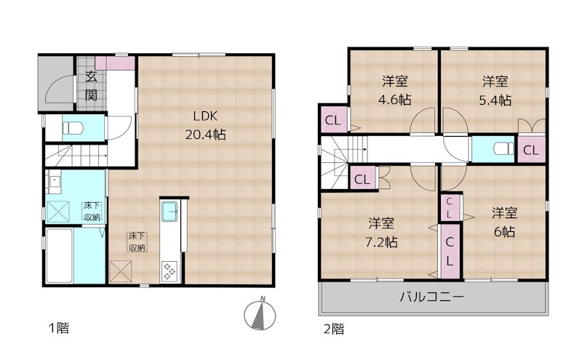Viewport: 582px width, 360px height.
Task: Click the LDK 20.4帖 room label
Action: (x=203, y=125)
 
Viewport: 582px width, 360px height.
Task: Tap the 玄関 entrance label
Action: (x=92, y=85)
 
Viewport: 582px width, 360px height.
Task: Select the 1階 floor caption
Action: (x=59, y=329)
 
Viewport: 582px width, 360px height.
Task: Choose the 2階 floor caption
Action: (x=333, y=329)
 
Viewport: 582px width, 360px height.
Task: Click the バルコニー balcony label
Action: (x=431, y=297)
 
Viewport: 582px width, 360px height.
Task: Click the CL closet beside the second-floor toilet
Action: (x=531, y=151)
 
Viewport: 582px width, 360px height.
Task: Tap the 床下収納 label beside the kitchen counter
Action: (x=137, y=241)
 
